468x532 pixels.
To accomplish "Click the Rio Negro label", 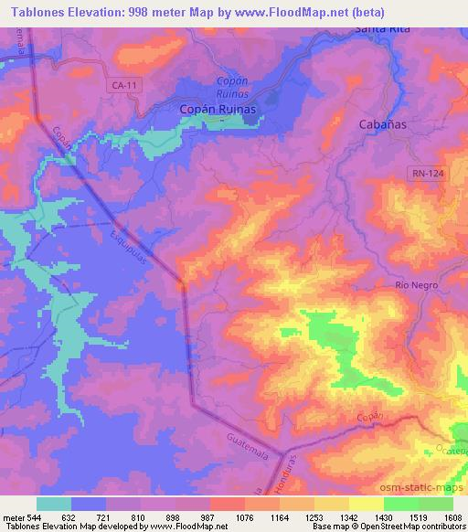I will click(417, 285).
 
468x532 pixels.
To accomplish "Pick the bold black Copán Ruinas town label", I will click(215, 109).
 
